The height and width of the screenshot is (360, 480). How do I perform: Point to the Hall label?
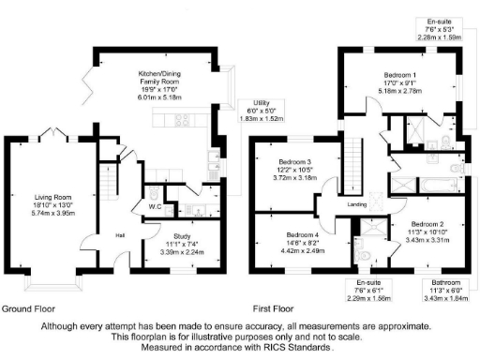121,235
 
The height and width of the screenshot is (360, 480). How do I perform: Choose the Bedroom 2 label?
427,224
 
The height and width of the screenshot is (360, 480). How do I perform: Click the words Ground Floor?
28,308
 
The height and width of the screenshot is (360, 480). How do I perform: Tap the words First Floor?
275,308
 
